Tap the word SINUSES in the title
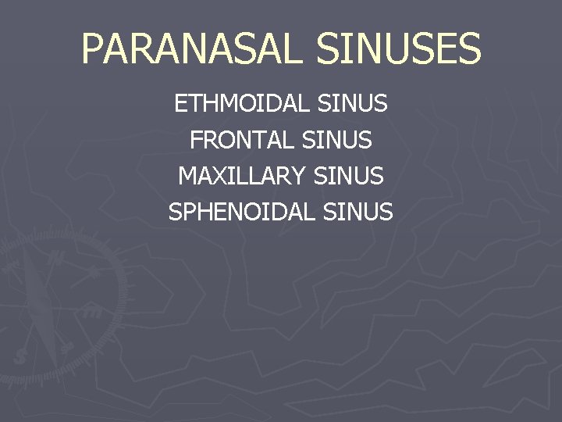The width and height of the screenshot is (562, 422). (x=399, y=48)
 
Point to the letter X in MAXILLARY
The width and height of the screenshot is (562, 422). (x=225, y=177)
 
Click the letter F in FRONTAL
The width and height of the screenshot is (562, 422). (x=196, y=141)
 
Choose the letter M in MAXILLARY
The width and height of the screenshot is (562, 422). (x=189, y=177)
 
